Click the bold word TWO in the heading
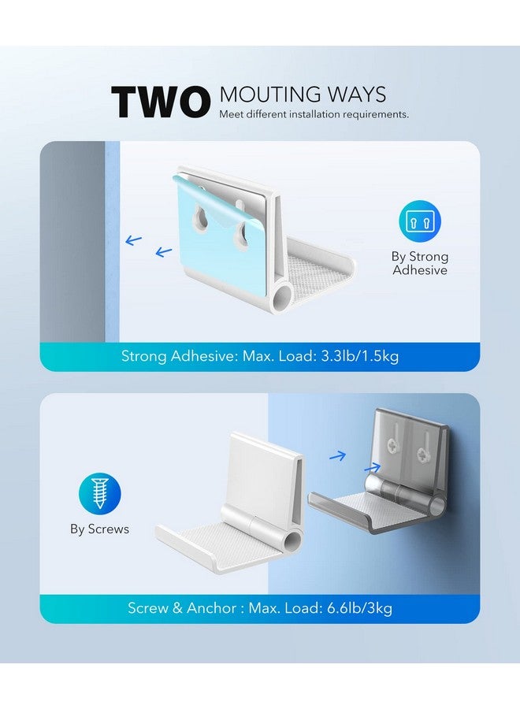coord(161,102)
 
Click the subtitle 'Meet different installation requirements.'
coord(314,114)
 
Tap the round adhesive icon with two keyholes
coord(420,221)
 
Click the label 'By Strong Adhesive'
coord(420,263)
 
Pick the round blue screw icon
coord(99,494)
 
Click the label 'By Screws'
coord(99,529)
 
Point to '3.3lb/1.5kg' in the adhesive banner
coord(360,356)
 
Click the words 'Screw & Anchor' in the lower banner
coord(182,607)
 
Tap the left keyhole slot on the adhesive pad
coord(199,217)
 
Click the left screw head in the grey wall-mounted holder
coord(391,445)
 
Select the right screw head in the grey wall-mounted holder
coord(423,454)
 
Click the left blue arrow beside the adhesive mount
coord(133,240)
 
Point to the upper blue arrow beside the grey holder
coord(338,456)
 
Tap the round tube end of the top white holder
coord(280,297)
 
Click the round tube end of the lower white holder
coord(292,540)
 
